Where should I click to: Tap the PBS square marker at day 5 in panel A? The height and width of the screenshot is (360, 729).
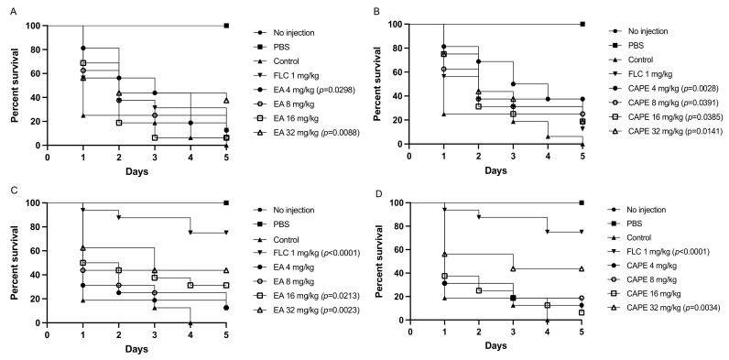click(x=226, y=26)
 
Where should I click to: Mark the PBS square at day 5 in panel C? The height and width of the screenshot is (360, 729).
click(x=226, y=202)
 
